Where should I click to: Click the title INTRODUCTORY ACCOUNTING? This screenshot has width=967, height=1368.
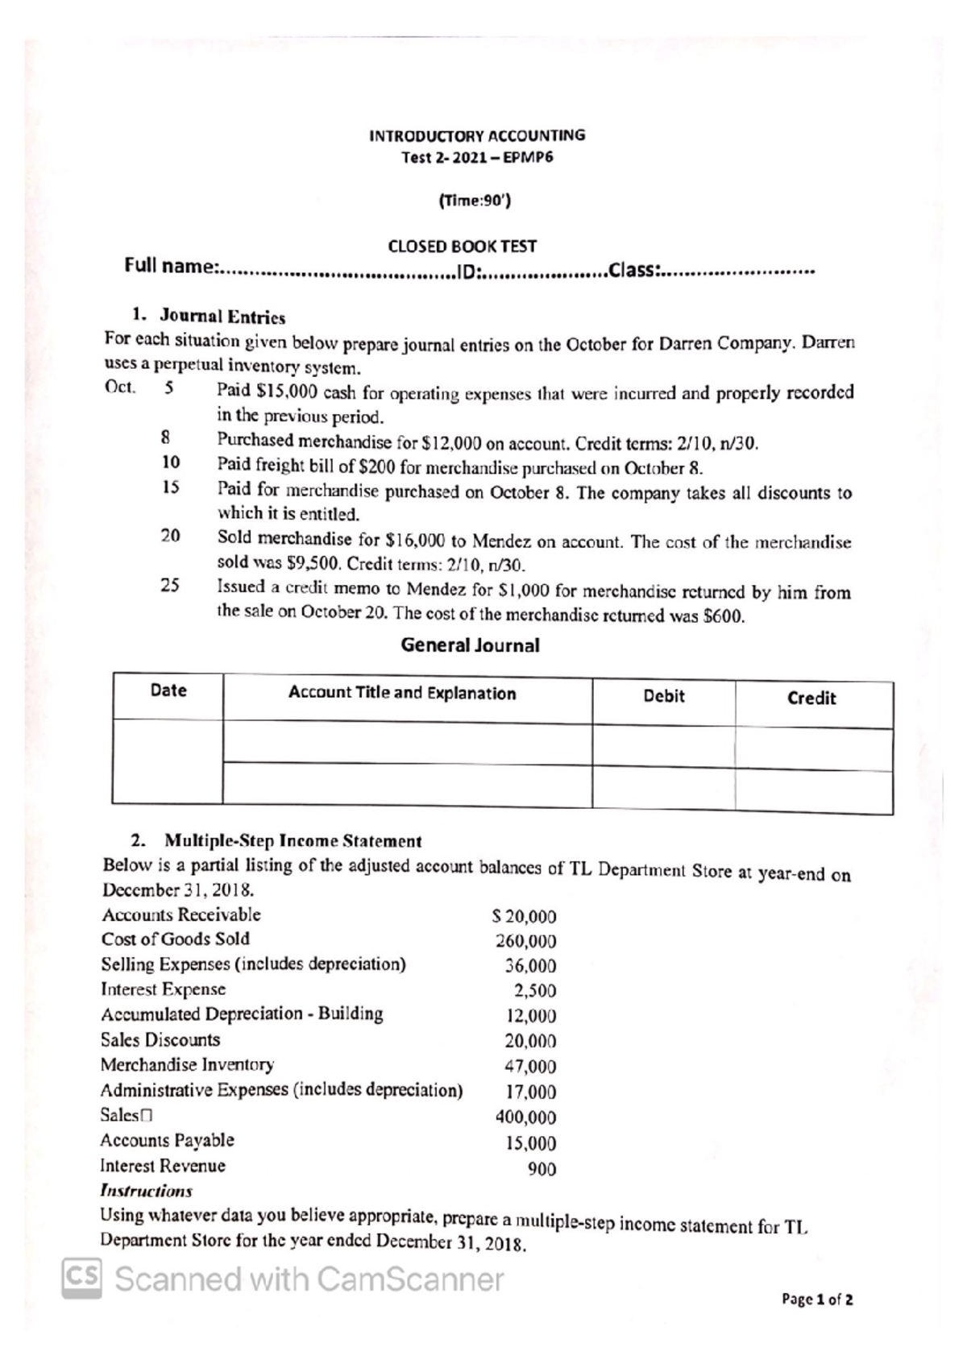pos(477,135)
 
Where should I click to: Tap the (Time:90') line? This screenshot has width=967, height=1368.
pos(475,201)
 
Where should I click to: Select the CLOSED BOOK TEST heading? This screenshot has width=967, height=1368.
pos(462,246)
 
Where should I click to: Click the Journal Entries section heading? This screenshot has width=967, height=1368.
pos(222,317)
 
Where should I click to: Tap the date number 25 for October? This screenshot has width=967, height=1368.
pos(170,586)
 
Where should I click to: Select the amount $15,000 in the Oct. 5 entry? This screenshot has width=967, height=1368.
pos(286,392)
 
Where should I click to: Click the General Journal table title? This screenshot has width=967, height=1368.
pos(470,645)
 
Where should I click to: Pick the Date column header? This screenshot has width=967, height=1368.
pos(168,690)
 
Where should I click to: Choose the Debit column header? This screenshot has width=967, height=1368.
pos(663,696)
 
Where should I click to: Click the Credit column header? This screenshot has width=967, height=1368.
pos(811,699)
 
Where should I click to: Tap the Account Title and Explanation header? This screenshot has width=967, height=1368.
pos(402,693)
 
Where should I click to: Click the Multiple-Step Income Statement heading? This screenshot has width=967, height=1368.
pos(293,841)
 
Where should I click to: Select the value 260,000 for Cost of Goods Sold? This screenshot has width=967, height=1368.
pos(525,941)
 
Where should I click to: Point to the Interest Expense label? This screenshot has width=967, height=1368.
pos(163,989)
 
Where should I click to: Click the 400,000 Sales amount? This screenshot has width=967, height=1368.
pos(525,1117)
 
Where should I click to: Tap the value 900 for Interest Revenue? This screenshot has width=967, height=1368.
pos(542,1169)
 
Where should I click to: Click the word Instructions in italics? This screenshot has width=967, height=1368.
pos(146,1191)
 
